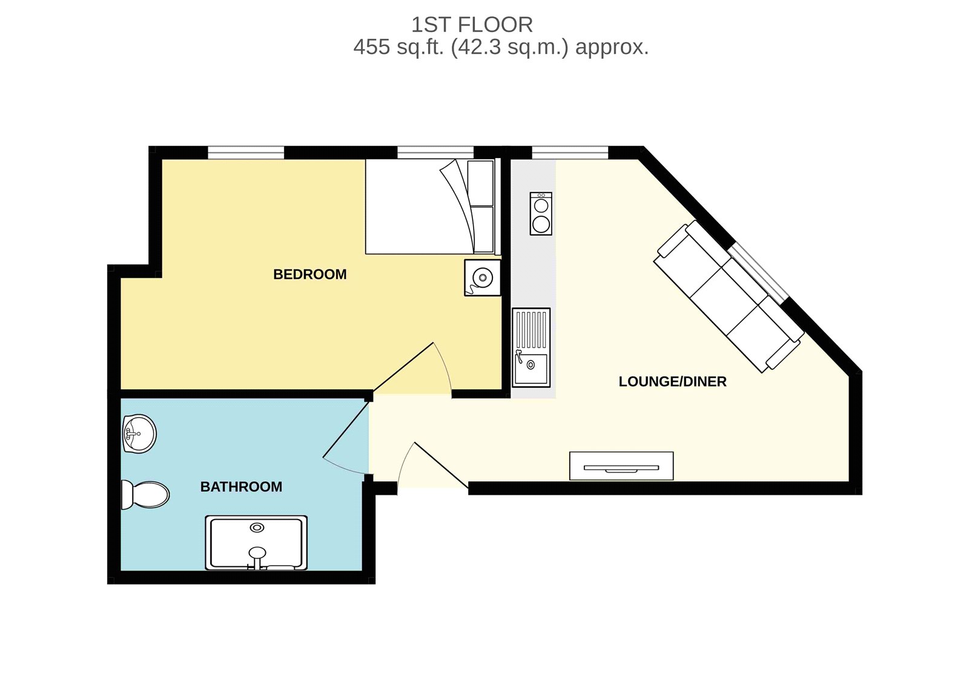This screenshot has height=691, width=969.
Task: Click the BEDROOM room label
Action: (309, 274)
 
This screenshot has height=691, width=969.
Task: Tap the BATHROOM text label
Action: (241, 487)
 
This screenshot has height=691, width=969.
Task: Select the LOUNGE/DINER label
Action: (672, 382)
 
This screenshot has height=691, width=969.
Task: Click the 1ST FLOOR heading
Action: (472, 25)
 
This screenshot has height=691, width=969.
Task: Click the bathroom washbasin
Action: (139, 434)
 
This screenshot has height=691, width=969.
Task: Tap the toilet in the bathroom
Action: (145, 495)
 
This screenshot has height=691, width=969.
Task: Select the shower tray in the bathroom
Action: (256, 543)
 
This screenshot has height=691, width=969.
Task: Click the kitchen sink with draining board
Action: (531, 348)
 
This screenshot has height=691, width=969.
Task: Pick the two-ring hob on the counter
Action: (541, 214)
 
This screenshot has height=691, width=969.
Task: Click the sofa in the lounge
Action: (729, 296)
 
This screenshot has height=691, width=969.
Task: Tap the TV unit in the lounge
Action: (621, 466)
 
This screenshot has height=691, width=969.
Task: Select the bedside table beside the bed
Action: (482, 278)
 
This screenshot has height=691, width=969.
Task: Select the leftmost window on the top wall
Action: (246, 152)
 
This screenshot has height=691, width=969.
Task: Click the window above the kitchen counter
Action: (570, 152)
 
